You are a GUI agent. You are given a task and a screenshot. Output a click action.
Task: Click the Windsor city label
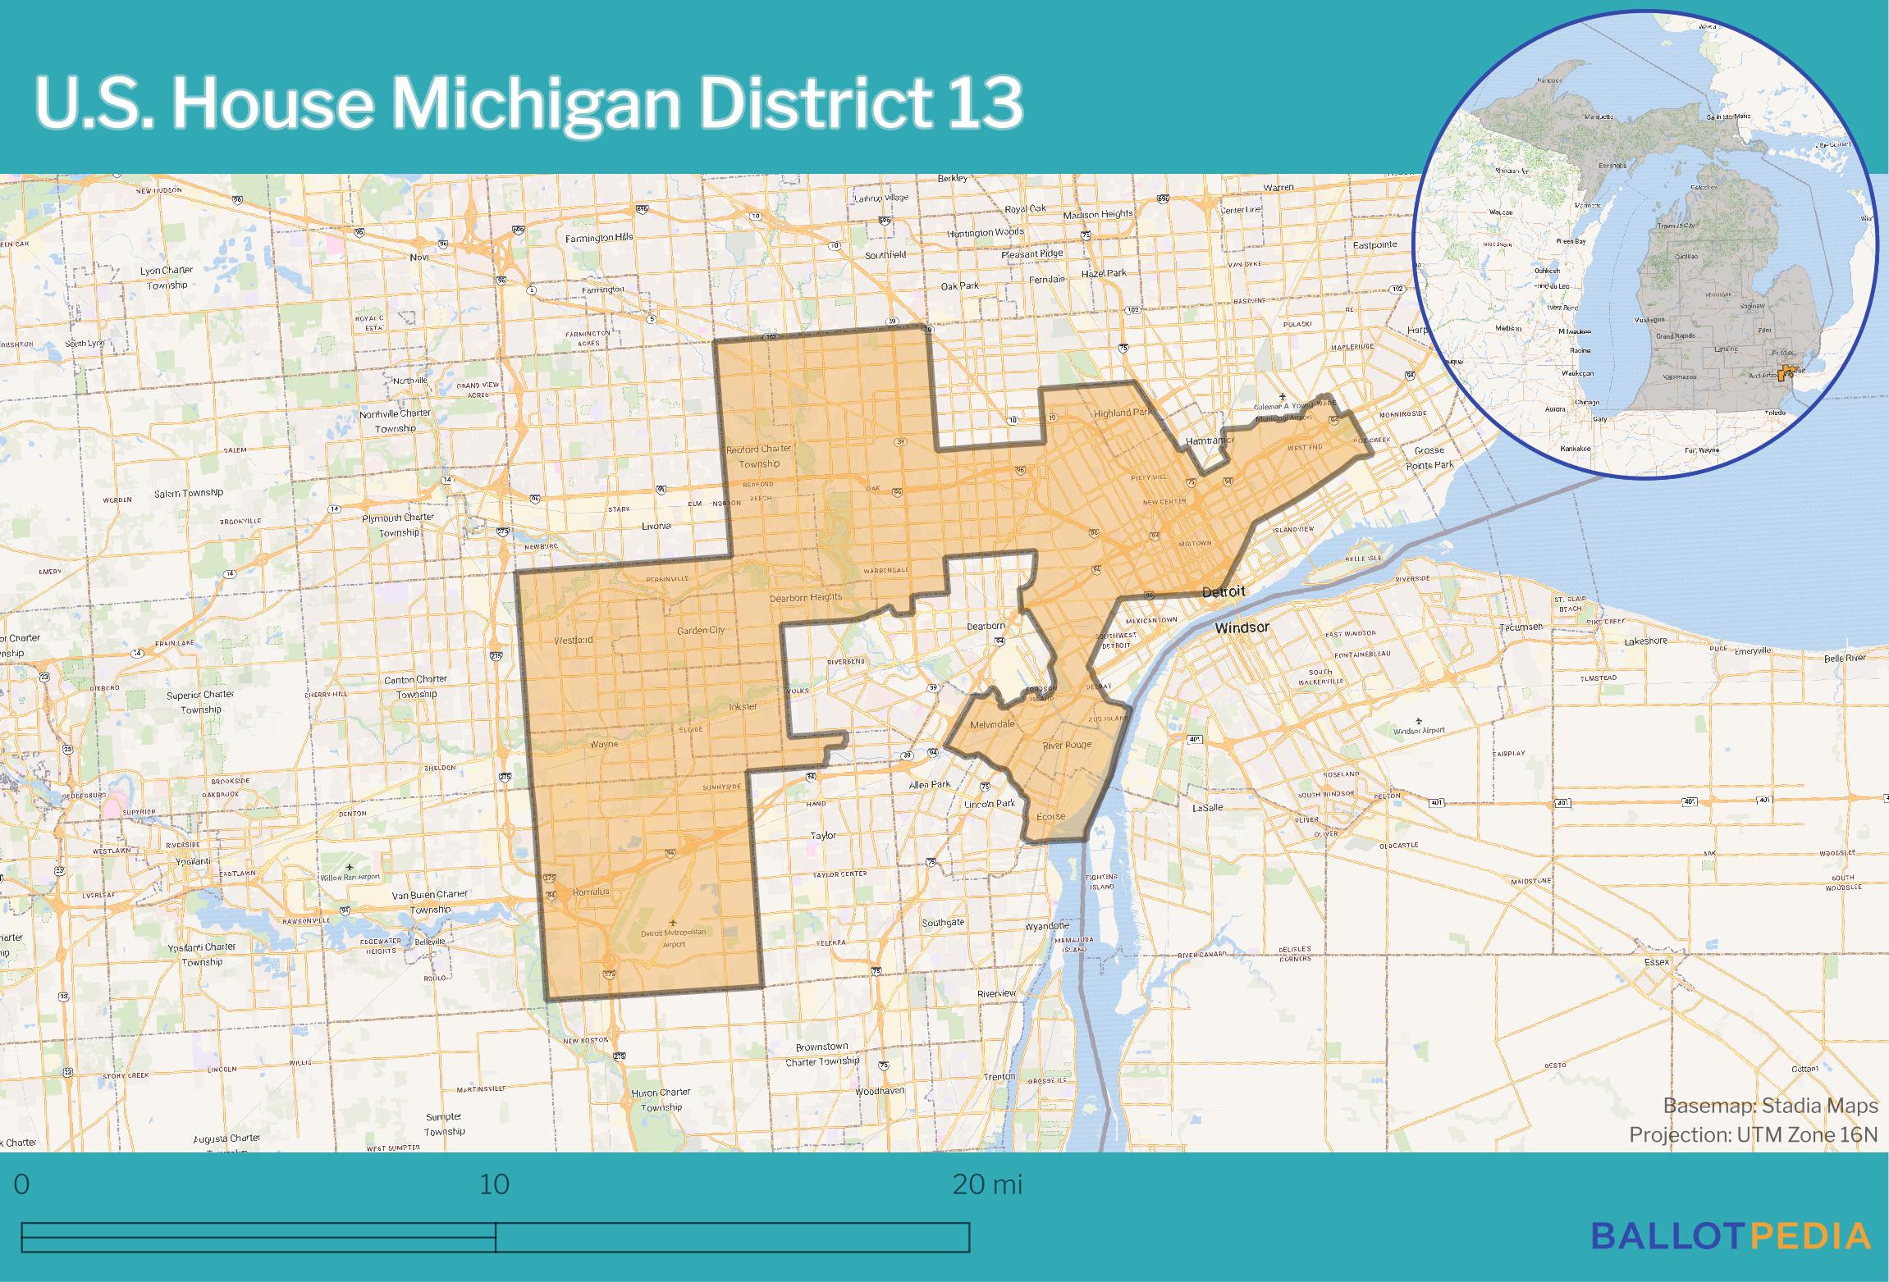(x=1242, y=627)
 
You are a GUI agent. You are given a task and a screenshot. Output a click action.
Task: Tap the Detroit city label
(x=1224, y=591)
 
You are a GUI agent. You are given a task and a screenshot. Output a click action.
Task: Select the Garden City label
(x=700, y=630)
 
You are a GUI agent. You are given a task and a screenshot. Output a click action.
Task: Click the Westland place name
(x=573, y=640)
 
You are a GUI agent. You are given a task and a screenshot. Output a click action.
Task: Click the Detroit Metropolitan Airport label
(x=673, y=938)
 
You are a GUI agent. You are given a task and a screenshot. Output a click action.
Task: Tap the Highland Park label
(x=1123, y=413)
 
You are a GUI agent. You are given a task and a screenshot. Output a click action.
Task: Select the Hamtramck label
(x=1210, y=440)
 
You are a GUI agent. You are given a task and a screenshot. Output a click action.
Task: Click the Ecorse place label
(x=1050, y=816)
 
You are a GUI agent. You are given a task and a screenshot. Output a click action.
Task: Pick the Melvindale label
(x=992, y=724)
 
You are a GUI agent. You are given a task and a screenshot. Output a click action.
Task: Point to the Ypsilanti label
(x=193, y=861)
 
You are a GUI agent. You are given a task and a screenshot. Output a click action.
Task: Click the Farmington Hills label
(x=599, y=238)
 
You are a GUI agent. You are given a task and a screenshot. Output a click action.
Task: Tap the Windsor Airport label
(x=1419, y=730)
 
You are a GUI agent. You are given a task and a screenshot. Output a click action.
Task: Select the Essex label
(x=1657, y=961)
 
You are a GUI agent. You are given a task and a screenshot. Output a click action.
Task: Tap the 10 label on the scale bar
(x=494, y=1185)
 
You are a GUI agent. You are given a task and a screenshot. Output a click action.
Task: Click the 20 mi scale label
(x=987, y=1185)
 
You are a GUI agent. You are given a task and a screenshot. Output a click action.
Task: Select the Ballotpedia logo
(x=1731, y=1235)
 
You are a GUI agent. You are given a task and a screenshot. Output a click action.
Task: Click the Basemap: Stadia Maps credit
(x=1770, y=1106)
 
